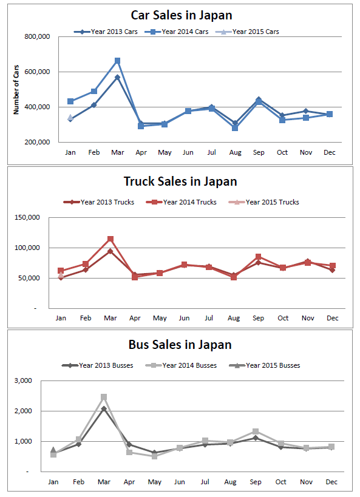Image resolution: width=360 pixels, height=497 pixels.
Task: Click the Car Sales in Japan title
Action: coord(182,15)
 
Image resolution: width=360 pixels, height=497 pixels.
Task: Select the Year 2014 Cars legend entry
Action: coord(176,32)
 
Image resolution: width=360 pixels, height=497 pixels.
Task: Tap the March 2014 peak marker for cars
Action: coord(117,61)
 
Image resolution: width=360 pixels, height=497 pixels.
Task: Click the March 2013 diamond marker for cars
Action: coord(117,77)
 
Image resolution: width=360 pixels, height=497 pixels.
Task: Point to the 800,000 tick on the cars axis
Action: coord(37,37)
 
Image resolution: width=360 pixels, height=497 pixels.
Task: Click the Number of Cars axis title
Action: coord(16,90)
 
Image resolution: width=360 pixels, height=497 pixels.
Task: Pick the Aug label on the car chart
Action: coord(235,152)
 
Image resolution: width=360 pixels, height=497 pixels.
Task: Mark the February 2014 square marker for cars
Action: coord(94,91)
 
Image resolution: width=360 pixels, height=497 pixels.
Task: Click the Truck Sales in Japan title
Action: coord(180,181)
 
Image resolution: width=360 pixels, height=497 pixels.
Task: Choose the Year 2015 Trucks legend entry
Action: coord(263,202)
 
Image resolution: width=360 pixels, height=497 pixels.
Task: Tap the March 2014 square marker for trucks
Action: coord(110,239)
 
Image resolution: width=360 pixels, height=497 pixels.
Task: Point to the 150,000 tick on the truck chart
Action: coord(27,217)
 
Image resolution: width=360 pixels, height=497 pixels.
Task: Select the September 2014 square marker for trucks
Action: coord(258,257)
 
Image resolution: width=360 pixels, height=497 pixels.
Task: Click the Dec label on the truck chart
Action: coord(333,318)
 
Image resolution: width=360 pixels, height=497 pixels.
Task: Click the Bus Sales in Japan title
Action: coord(180,345)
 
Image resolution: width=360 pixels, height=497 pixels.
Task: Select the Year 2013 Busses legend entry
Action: coord(97,365)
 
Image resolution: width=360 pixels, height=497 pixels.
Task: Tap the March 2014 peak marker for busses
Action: coord(104,397)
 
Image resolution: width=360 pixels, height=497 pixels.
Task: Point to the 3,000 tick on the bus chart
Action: coord(23,380)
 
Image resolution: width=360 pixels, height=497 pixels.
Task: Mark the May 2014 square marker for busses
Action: coord(154,456)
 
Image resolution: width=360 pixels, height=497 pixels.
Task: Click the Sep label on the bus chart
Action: coord(256,482)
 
